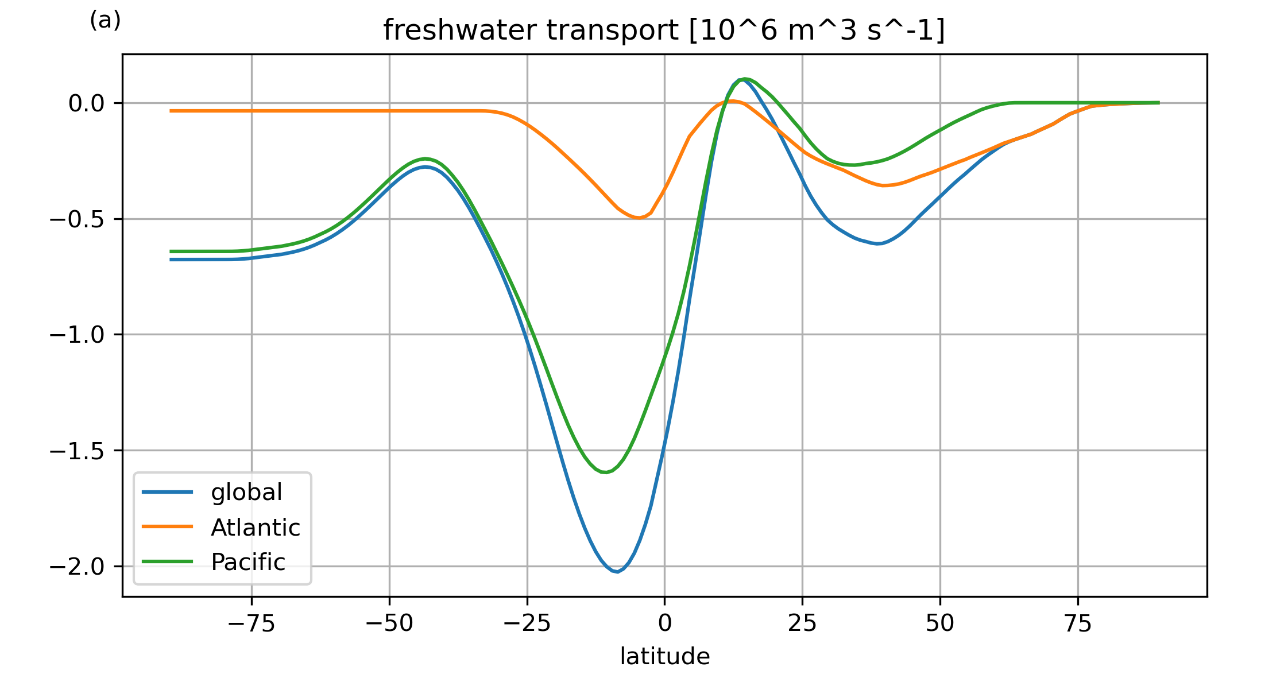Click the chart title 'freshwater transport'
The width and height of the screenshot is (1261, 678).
click(x=664, y=30)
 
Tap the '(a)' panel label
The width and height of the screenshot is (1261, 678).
click(x=105, y=21)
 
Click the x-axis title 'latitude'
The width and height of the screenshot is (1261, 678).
click(x=664, y=656)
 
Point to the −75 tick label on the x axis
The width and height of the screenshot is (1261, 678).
click(x=252, y=623)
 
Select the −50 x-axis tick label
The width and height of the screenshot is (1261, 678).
click(x=389, y=623)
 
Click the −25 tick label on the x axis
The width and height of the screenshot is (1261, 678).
click(x=527, y=623)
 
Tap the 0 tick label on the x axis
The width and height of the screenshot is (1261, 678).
click(x=664, y=623)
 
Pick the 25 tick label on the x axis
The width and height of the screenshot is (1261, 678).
click(x=802, y=623)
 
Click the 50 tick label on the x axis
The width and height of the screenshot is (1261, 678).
click(x=940, y=623)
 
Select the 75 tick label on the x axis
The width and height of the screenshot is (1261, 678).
click(x=1077, y=623)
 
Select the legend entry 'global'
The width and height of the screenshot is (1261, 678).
click(x=246, y=493)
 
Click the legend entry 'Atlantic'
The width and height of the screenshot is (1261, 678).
click(x=255, y=528)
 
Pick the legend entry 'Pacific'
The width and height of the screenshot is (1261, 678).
click(x=247, y=563)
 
